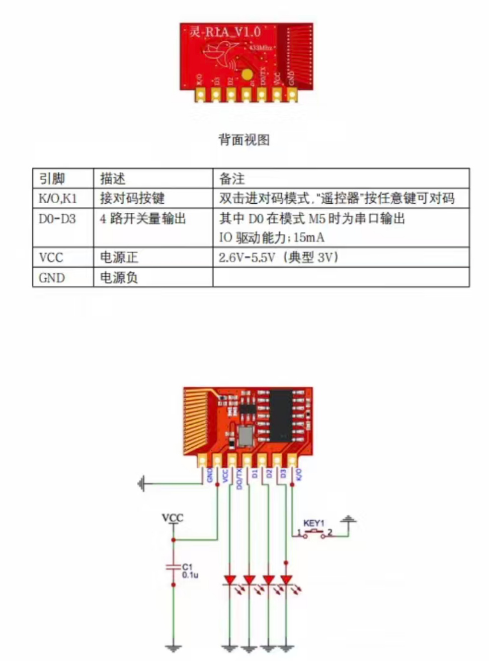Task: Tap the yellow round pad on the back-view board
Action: (247, 74)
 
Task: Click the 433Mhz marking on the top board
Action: (261, 47)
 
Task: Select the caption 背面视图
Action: (244, 140)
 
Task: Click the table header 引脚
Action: (52, 179)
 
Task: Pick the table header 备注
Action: (232, 179)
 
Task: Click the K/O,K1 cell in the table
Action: (58, 198)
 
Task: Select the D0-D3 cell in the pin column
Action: (57, 219)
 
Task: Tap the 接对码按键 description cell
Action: (132, 198)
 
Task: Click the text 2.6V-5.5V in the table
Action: (247, 258)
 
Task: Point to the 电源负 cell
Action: (119, 278)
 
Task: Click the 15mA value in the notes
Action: (309, 237)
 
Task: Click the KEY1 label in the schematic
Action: (314, 523)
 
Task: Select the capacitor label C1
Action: (187, 566)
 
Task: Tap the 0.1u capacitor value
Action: (190, 574)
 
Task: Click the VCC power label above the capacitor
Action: (173, 518)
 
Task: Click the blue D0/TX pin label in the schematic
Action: (239, 478)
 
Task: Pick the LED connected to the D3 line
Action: (286, 580)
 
